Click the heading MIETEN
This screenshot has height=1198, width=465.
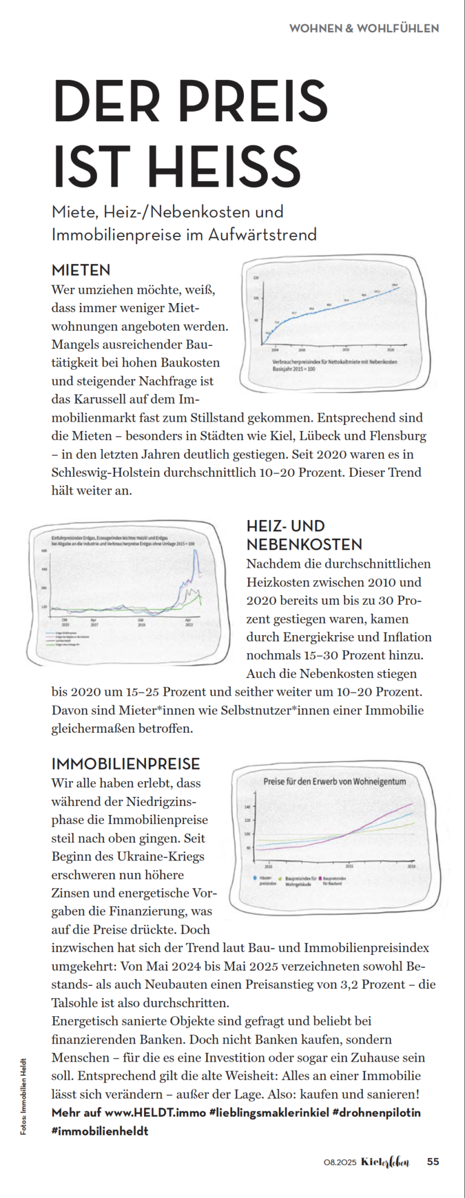(81, 270)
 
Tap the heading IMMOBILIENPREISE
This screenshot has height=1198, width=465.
(125, 764)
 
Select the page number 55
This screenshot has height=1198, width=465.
(433, 1162)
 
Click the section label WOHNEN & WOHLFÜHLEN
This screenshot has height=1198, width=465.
(364, 28)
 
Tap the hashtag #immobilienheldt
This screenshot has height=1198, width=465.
(100, 1131)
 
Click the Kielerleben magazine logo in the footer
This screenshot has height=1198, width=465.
(385, 1162)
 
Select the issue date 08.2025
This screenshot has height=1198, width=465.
(340, 1162)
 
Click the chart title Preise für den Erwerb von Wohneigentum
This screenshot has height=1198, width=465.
(334, 781)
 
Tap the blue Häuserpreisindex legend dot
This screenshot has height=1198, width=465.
(254, 877)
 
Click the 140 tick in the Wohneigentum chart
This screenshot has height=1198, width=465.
(247, 807)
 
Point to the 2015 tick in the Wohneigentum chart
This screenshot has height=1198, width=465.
(349, 867)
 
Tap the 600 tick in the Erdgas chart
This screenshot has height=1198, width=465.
(44, 551)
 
